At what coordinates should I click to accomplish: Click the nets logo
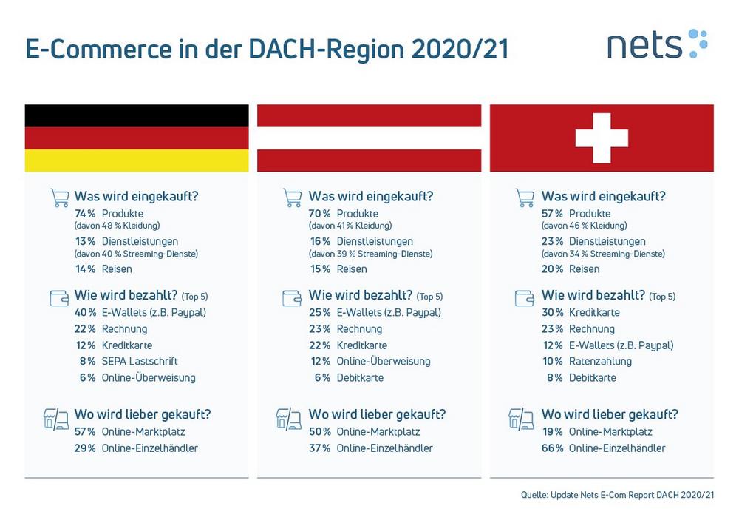658,44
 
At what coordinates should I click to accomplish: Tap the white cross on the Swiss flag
602,138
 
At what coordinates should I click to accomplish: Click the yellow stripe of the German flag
137,161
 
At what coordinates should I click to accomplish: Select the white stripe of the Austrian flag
369,138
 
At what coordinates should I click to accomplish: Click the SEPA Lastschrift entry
140,361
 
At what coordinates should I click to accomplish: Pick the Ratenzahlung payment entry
600,362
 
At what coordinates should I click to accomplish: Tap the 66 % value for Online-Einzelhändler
552,448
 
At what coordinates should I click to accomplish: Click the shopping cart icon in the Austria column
292,198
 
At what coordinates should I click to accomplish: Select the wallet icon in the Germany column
59,298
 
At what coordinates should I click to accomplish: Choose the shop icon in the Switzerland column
521,419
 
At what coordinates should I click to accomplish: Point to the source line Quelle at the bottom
617,495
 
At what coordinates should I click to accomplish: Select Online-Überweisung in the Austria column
383,361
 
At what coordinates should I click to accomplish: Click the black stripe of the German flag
137,115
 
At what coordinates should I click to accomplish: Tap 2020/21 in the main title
460,49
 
